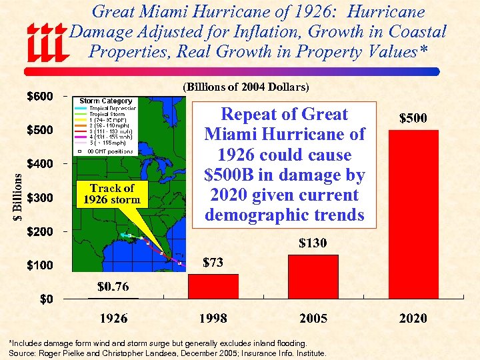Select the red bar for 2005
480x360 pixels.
click(x=313, y=276)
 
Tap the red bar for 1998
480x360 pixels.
click(x=213, y=286)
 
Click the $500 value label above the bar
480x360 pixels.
click(x=413, y=118)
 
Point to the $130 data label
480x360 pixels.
click(x=313, y=243)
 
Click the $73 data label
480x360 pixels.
click(x=213, y=263)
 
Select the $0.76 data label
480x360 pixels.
click(x=113, y=287)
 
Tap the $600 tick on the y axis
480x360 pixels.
click(x=39, y=96)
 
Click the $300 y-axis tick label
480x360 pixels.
click(x=39, y=198)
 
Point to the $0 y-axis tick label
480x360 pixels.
click(x=45, y=299)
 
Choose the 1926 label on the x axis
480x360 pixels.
click(x=113, y=319)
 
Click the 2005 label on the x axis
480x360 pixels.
click(x=313, y=319)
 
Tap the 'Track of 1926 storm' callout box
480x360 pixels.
click(x=111, y=193)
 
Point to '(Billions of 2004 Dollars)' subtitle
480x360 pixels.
click(x=245, y=87)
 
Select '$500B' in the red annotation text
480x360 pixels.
click(x=233, y=175)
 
